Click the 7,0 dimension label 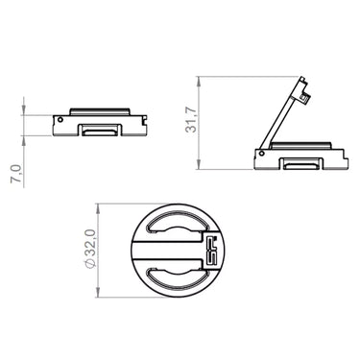pyautogui.click(x=16, y=174)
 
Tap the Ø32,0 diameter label pyautogui.click(x=91, y=251)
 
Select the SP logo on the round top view pyautogui.click(x=211, y=251)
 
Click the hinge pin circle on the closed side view pyautogui.click(x=60, y=120)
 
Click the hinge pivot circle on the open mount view pyautogui.click(x=262, y=154)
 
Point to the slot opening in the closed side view pyautogui.click(x=99, y=131)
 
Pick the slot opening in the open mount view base pyautogui.click(x=301, y=164)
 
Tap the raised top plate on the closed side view pyautogui.click(x=100, y=111)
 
